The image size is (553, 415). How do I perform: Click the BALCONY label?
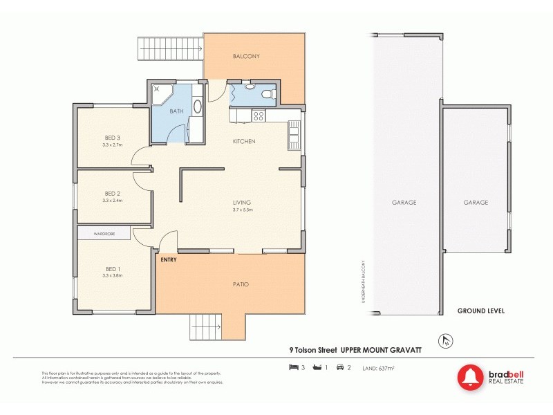pos(246,56)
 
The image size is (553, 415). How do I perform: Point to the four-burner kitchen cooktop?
pos(259,116)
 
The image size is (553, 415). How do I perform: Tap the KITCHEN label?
pos(244,141)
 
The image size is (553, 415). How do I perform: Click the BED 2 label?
pos(113,193)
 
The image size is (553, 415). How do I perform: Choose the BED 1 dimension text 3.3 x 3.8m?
pos(112,276)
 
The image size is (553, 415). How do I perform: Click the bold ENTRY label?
pos(169,259)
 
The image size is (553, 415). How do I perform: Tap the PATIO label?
pos(241,284)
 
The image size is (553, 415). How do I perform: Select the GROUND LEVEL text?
pos(480,311)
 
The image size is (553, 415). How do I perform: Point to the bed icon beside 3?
pos(292,367)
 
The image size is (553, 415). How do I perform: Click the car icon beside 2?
pos(339,367)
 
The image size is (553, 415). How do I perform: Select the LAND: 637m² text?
pos(379,367)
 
